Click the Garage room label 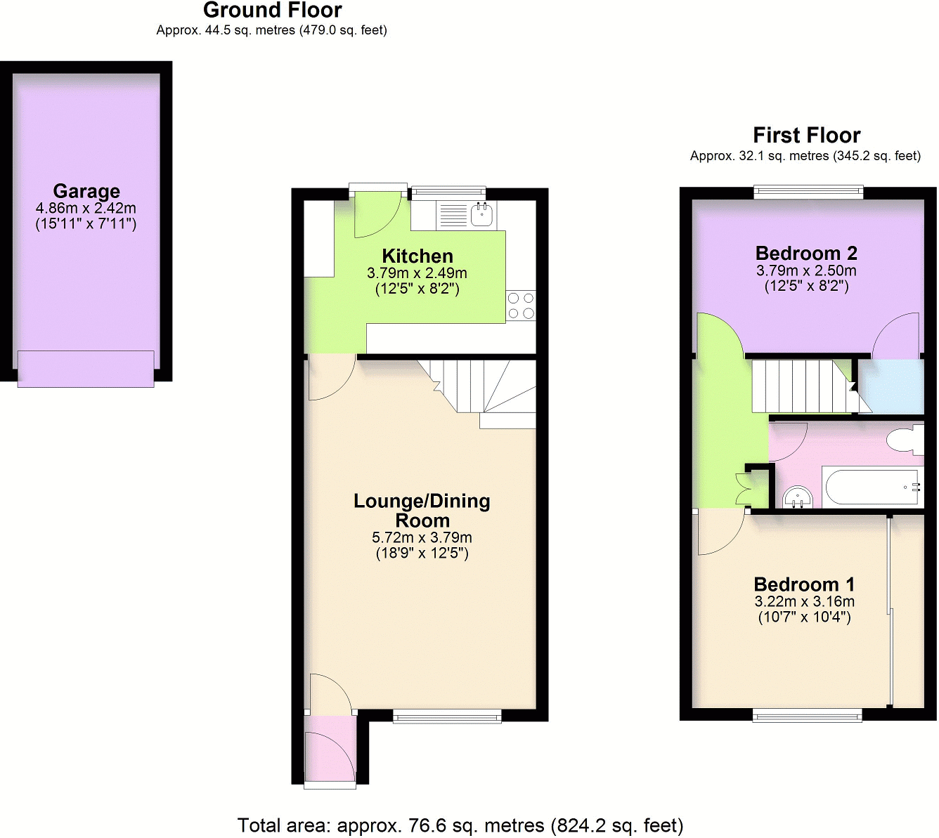point(86,191)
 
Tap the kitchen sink point(481,215)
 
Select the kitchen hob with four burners point(521,306)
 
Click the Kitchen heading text point(417,256)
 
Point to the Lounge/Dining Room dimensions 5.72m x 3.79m point(422,537)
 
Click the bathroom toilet point(905,440)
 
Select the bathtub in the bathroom point(872,487)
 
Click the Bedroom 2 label point(806,254)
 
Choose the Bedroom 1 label point(804,584)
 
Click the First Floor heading point(806,135)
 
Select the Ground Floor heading point(272,11)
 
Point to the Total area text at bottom point(460,825)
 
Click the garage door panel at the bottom point(86,368)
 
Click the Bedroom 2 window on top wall point(808,191)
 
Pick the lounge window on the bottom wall point(447,716)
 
